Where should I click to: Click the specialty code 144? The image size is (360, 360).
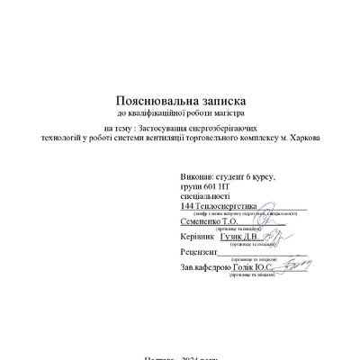(x=187, y=206)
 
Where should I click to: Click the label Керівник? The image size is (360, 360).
(x=198, y=237)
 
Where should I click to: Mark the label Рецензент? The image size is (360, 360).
(x=199, y=252)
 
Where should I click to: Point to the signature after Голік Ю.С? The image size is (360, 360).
(x=291, y=266)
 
